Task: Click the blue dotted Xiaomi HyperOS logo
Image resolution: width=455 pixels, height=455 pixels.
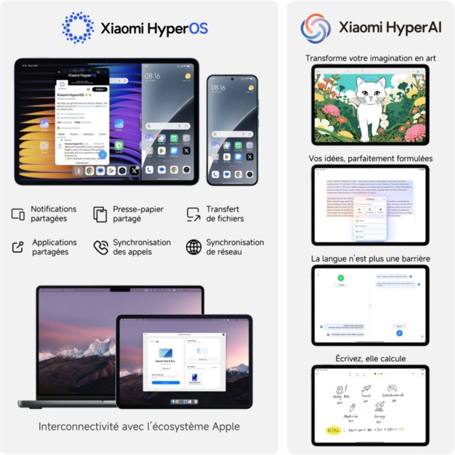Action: (78, 27)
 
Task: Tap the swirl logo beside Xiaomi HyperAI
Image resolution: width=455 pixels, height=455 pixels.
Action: (315, 28)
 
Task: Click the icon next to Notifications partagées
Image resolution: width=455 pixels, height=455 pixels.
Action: (18, 214)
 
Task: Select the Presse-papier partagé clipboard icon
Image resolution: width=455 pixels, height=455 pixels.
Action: (100, 214)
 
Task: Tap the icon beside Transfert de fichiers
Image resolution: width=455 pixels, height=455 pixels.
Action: (193, 214)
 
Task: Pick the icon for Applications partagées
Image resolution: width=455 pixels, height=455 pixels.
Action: (18, 247)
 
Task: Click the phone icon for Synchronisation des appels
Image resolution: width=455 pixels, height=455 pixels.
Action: (101, 247)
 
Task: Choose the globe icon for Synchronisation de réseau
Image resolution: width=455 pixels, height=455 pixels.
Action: (193, 247)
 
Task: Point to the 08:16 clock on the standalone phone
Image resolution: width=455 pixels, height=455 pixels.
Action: (218, 88)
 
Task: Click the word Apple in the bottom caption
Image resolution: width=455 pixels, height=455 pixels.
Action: (226, 427)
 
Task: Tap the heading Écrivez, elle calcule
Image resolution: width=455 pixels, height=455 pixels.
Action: (370, 359)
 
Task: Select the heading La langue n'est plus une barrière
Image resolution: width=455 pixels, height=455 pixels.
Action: (370, 259)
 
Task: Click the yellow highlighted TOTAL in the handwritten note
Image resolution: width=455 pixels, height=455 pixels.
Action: (333, 430)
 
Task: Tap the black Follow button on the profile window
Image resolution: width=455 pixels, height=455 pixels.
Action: (100, 89)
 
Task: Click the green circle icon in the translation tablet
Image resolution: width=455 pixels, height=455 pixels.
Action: (340, 278)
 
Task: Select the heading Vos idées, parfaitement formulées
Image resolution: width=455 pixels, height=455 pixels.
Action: (370, 158)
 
